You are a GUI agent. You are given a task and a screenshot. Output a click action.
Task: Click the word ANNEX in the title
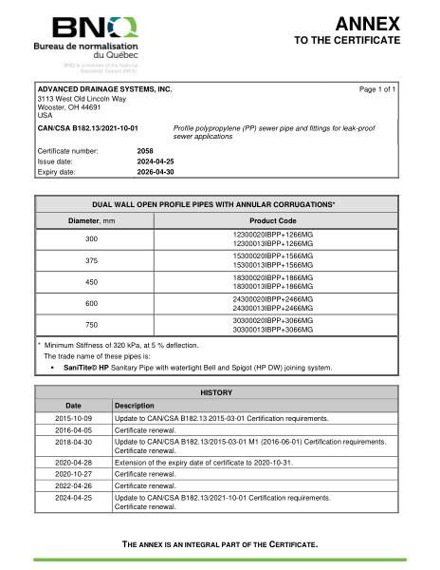point(368,24)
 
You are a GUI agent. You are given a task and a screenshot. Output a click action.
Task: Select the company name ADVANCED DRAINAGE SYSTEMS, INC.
point(104,88)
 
